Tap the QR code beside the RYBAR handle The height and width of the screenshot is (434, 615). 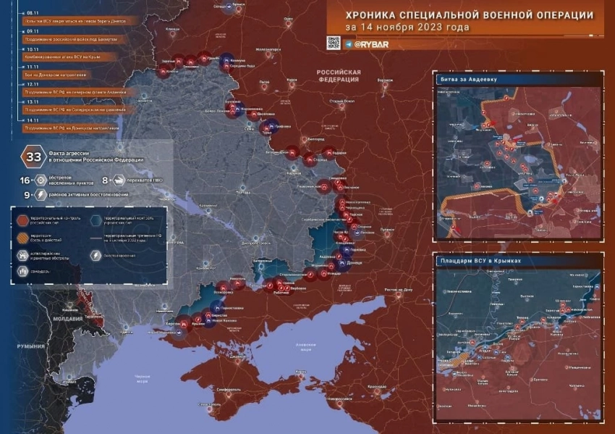pyautogui.click(x=334, y=43)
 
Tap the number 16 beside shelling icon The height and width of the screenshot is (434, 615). pyautogui.click(x=24, y=180)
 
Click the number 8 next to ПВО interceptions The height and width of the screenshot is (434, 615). pyautogui.click(x=105, y=180)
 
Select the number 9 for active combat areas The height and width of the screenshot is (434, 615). pyautogui.click(x=26, y=194)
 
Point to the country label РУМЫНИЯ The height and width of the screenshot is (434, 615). pyautogui.click(x=31, y=346)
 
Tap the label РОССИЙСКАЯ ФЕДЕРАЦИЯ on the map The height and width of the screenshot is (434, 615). pyautogui.click(x=338, y=76)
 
